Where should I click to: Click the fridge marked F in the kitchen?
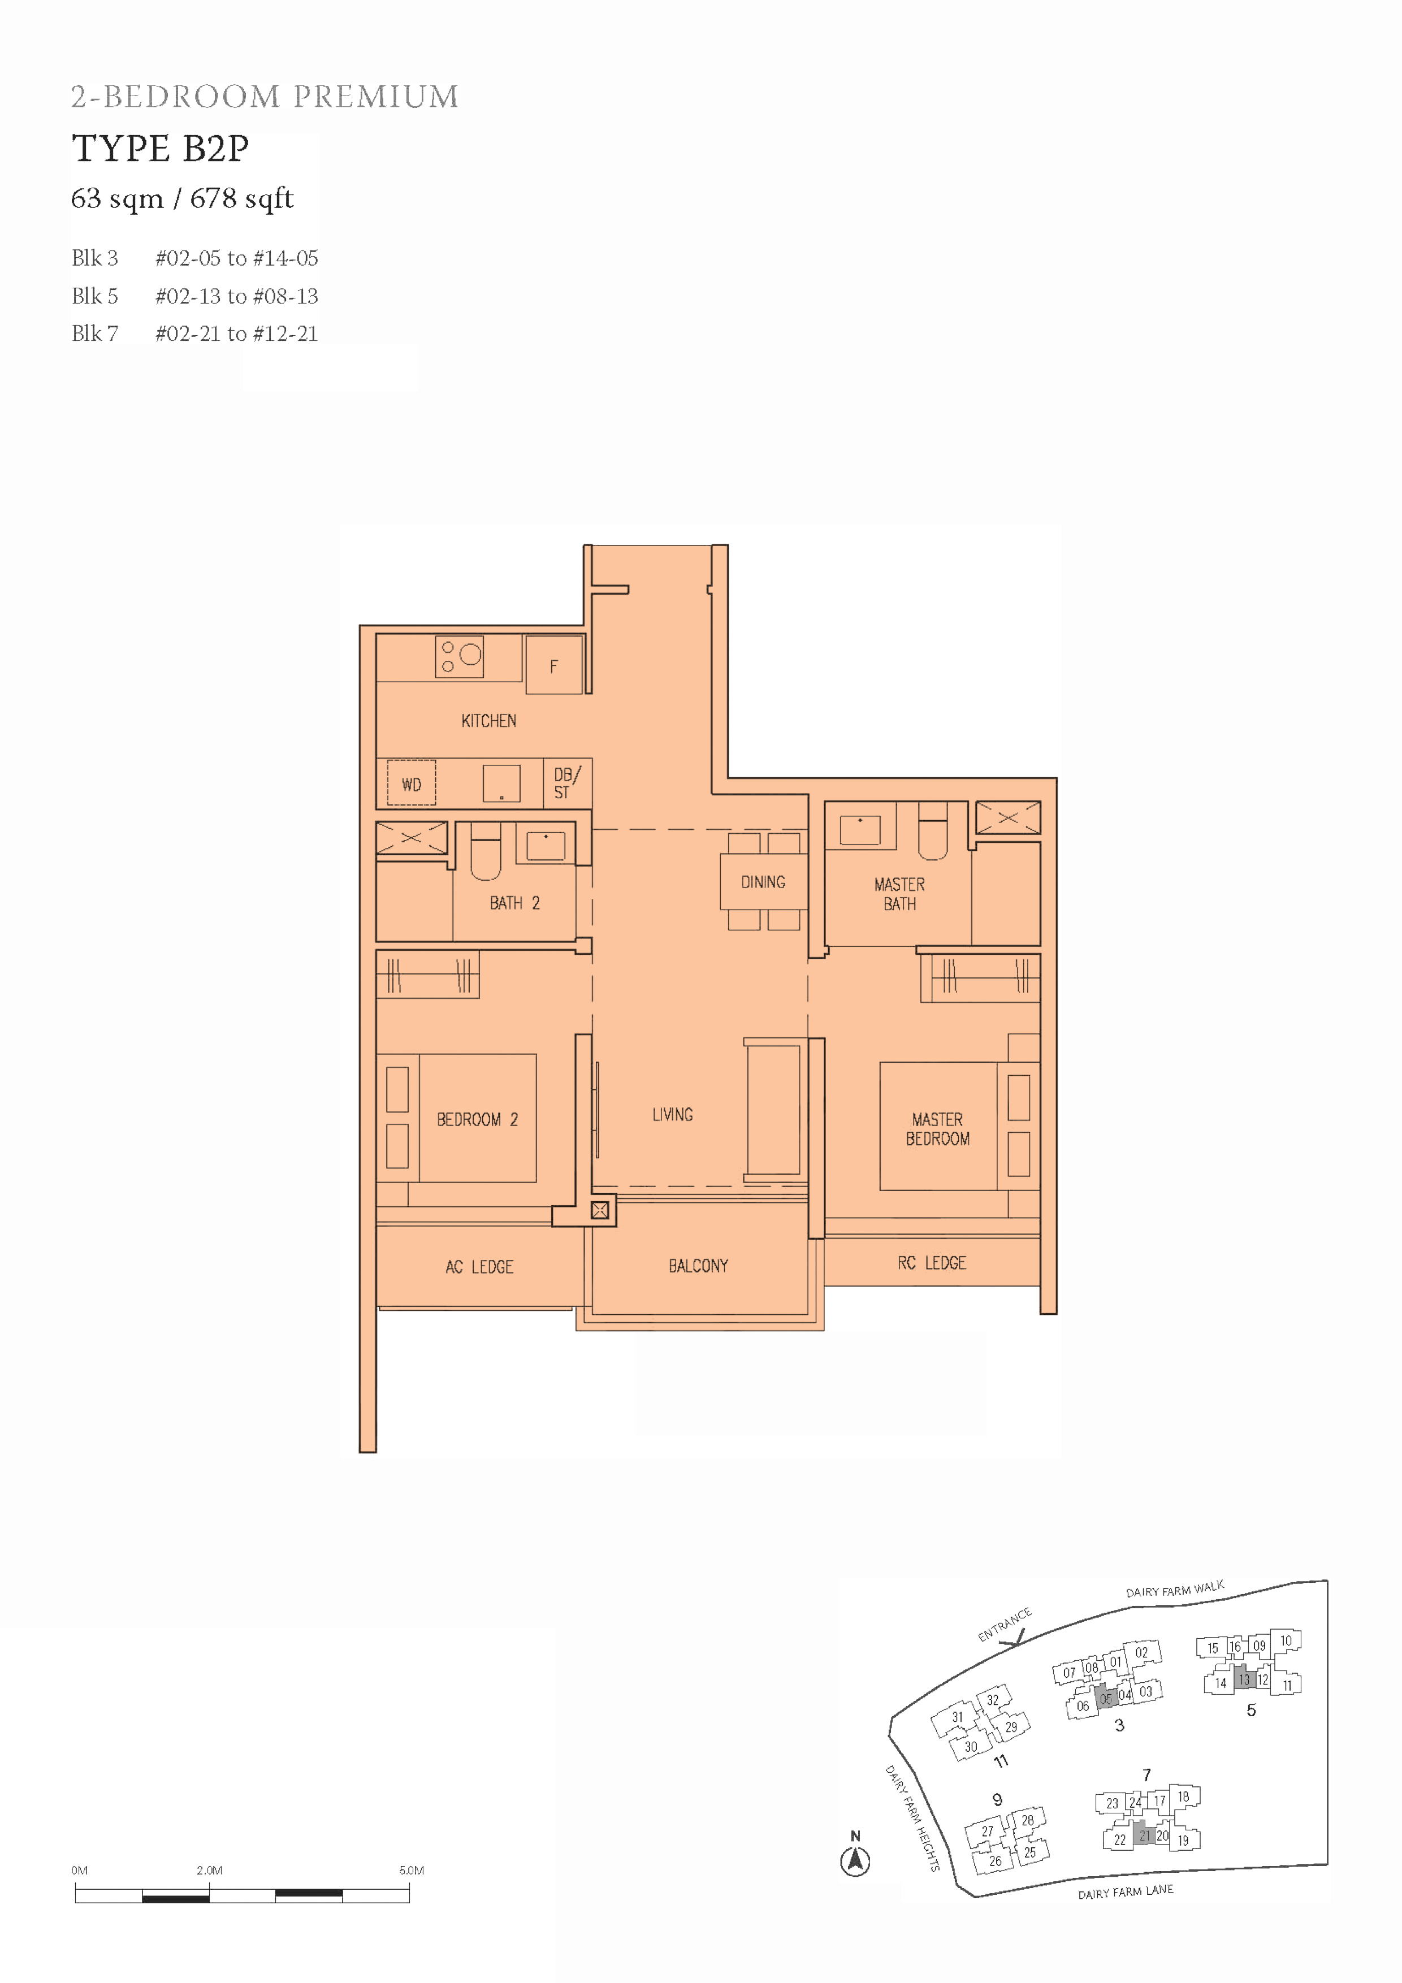553,665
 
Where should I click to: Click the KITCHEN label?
489,720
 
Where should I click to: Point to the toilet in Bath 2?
486,851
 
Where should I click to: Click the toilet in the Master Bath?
932,831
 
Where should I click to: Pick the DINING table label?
763,882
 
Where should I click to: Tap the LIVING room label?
672,1114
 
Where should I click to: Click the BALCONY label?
698,1266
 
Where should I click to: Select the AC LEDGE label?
479,1267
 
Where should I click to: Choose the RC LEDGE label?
932,1263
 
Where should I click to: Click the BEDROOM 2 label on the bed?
477,1119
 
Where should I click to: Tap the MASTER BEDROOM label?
937,1129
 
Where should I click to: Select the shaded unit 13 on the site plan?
1244,1679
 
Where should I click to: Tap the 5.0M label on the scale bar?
411,1870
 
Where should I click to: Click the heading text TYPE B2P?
161,149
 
